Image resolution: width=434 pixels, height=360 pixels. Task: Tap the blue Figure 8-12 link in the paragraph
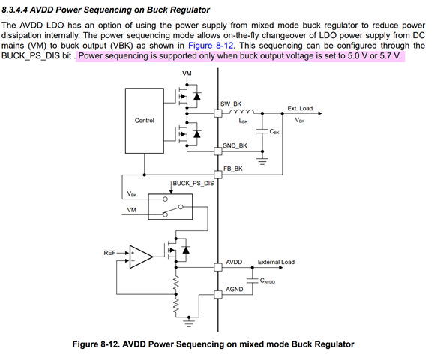pyautogui.click(x=211, y=46)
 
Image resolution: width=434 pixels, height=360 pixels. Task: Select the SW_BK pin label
pyautogui.click(x=231, y=103)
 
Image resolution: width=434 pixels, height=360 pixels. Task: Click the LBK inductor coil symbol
pyautogui.click(x=241, y=111)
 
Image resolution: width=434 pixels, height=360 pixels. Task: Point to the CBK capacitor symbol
pyautogui.click(x=262, y=131)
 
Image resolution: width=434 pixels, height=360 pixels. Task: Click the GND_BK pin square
pyautogui.click(x=218, y=151)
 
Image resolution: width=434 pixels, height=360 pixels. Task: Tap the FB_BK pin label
pyautogui.click(x=233, y=169)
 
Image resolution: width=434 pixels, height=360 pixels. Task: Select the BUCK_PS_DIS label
pyautogui.click(x=193, y=183)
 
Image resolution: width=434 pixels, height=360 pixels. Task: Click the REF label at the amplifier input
pyautogui.click(x=109, y=253)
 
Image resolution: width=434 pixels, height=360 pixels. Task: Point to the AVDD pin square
pyautogui.click(x=218, y=267)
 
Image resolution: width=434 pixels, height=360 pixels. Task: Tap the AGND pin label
pyautogui.click(x=235, y=289)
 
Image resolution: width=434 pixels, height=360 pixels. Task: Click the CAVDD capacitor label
pyautogui.click(x=268, y=280)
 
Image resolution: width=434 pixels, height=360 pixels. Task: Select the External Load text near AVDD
pyautogui.click(x=276, y=262)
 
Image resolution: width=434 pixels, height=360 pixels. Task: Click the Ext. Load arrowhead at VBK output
pyautogui.click(x=320, y=113)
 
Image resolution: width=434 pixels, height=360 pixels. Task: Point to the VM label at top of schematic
pyautogui.click(x=187, y=73)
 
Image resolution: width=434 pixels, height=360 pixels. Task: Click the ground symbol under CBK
pyautogui.click(x=262, y=161)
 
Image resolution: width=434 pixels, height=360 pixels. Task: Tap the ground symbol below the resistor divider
pyautogui.click(x=189, y=323)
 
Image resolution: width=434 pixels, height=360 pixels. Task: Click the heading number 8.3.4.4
pyautogui.click(x=14, y=10)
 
